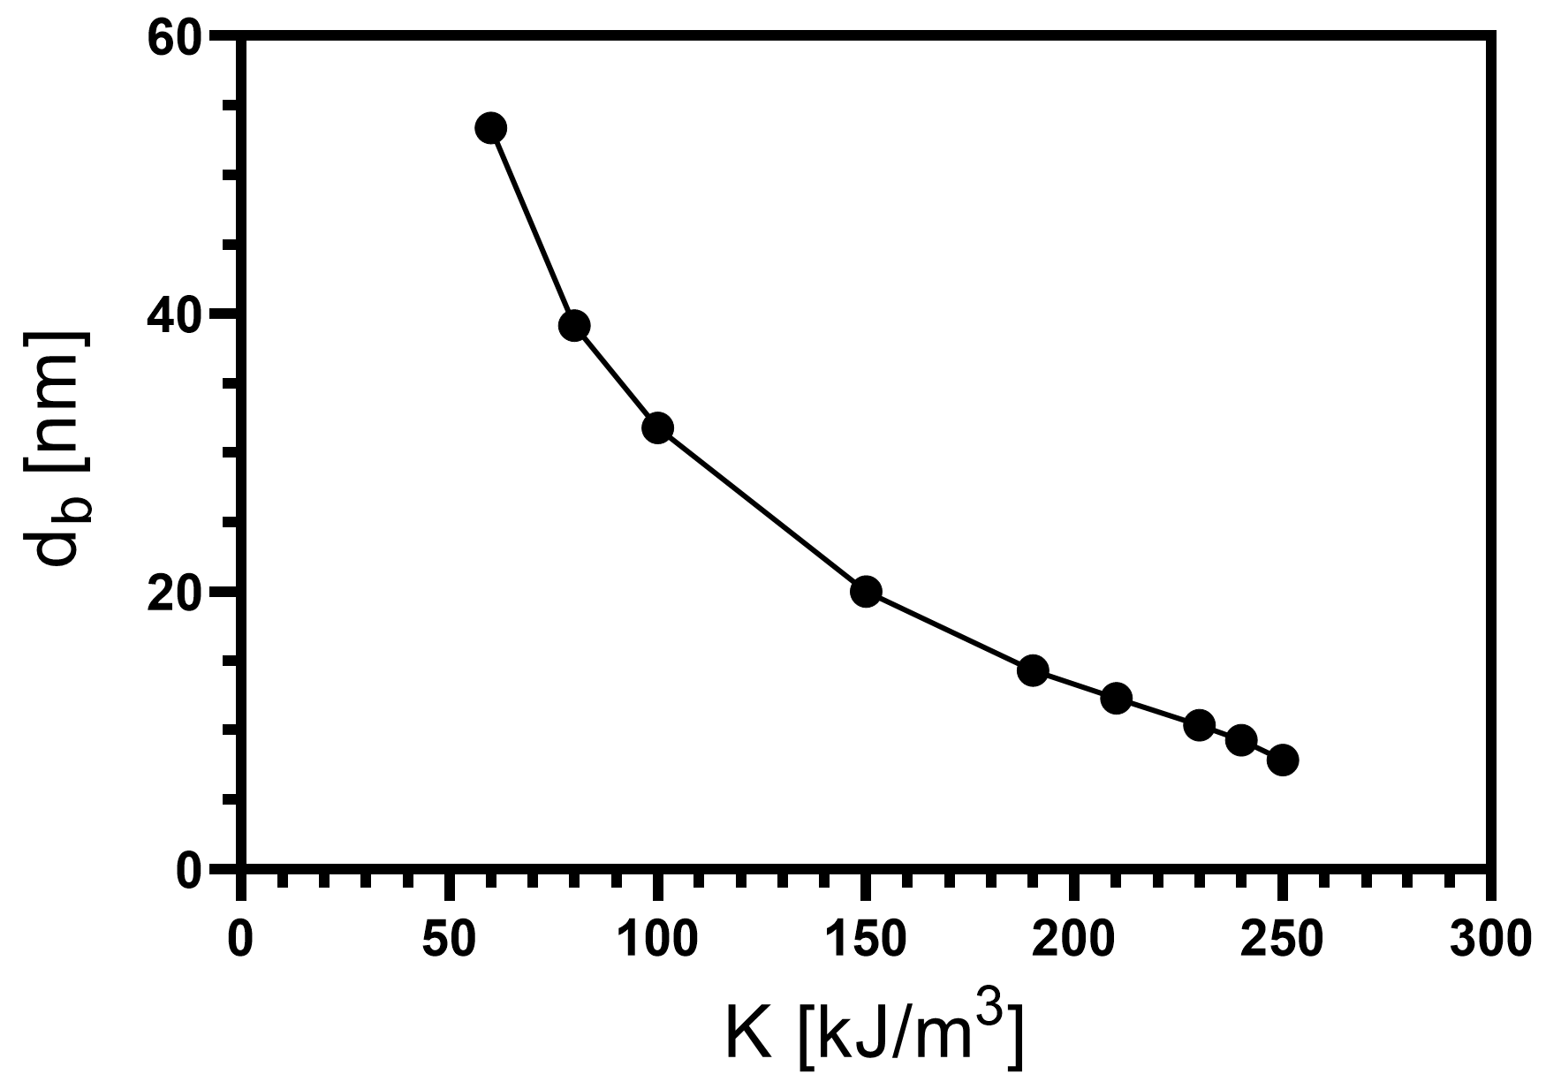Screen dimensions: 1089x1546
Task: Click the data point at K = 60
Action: click(x=491, y=128)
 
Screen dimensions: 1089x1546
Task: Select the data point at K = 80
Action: click(x=574, y=326)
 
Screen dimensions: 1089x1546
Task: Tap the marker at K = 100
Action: click(x=657, y=428)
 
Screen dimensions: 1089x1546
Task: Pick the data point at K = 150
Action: click(x=866, y=591)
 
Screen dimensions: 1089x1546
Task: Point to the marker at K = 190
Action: click(x=1033, y=670)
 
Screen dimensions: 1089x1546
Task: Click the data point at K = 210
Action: click(x=1117, y=698)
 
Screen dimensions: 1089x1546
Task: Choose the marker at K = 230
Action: click(x=1199, y=725)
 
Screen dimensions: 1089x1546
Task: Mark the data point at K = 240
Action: click(x=1241, y=740)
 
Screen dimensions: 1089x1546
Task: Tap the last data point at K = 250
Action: click(x=1283, y=760)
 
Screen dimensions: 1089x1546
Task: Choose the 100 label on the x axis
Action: click(x=657, y=940)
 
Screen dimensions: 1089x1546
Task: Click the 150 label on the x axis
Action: click(x=866, y=940)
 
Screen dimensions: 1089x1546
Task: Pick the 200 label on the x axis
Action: click(x=1074, y=940)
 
